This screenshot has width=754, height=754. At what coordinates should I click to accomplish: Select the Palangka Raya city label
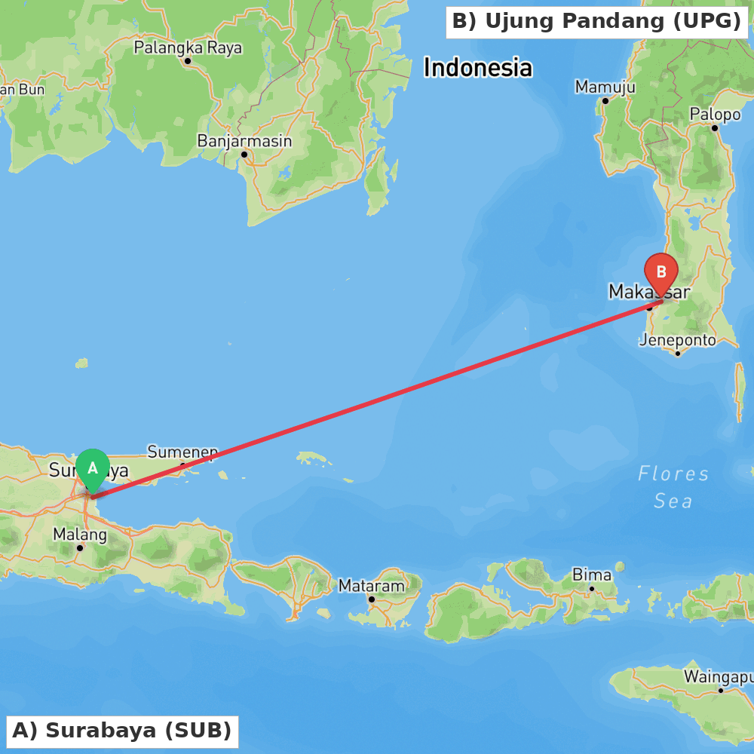pos(188,48)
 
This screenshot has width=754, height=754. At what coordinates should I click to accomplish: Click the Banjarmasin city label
pos(244,141)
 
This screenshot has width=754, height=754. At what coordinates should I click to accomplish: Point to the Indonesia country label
pos(477,68)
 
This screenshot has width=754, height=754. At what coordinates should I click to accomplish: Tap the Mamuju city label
pos(605,87)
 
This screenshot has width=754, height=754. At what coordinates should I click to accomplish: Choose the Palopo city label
pos(715,115)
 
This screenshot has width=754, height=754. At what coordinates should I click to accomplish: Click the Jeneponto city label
pos(677,340)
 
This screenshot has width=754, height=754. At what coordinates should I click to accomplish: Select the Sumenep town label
pos(182,452)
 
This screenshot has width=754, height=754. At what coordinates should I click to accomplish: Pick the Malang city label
pos(80,535)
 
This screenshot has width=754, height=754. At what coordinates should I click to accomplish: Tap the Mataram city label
pos(371,586)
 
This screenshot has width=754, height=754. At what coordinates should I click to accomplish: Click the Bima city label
pos(592,575)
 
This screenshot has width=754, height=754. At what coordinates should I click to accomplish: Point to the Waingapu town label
pos(718,676)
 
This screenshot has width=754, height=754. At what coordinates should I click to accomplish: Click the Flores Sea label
pos(673,487)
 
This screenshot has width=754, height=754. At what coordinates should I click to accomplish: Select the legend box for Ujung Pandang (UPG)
pos(596,22)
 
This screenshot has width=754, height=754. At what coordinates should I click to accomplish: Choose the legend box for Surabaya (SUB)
pos(121,731)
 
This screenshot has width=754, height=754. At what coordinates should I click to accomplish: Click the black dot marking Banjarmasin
pos(244,155)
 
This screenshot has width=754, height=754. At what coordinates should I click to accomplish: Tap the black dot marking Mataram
pos(371,599)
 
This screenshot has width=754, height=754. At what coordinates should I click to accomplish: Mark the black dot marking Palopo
pos(714,127)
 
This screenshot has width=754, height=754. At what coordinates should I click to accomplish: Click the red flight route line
pos(377,400)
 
